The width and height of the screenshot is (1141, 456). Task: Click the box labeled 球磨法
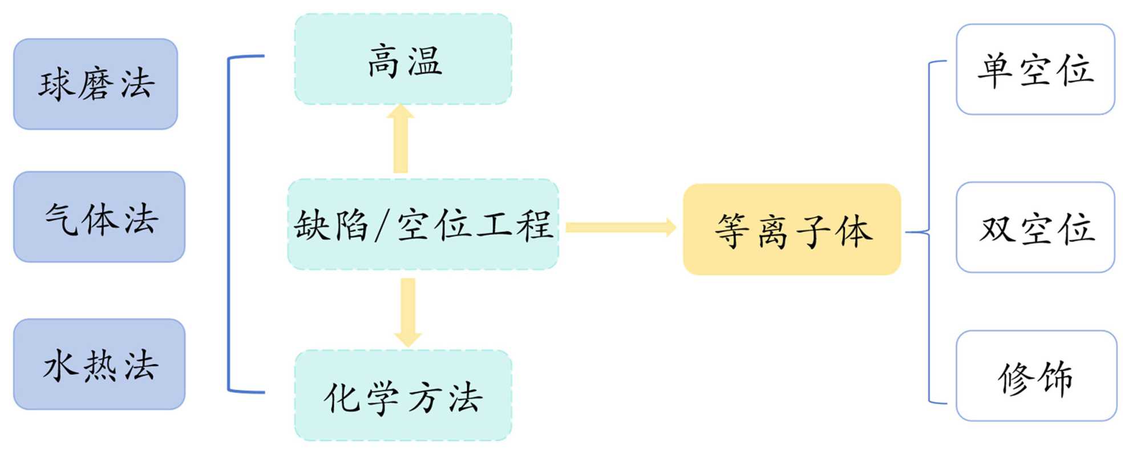(95, 84)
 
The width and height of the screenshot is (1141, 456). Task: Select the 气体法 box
(99, 217)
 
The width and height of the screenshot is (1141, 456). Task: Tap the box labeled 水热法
(99, 364)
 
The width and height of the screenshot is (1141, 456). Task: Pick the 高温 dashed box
(403, 59)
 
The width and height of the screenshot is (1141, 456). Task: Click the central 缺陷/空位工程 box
(423, 224)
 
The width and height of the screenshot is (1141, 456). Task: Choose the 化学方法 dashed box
(403, 396)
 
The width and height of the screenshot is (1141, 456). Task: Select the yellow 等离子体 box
(792, 229)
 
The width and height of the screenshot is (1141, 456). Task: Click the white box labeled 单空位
(1035, 69)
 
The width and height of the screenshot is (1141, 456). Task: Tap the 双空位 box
(1035, 227)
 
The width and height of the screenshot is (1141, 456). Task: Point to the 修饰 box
(1036, 376)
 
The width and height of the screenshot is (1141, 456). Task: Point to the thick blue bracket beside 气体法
(229, 224)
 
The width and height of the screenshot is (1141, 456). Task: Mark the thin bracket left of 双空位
(929, 232)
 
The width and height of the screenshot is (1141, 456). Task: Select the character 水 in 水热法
(60, 365)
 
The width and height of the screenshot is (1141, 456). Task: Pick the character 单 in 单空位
(996, 70)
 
